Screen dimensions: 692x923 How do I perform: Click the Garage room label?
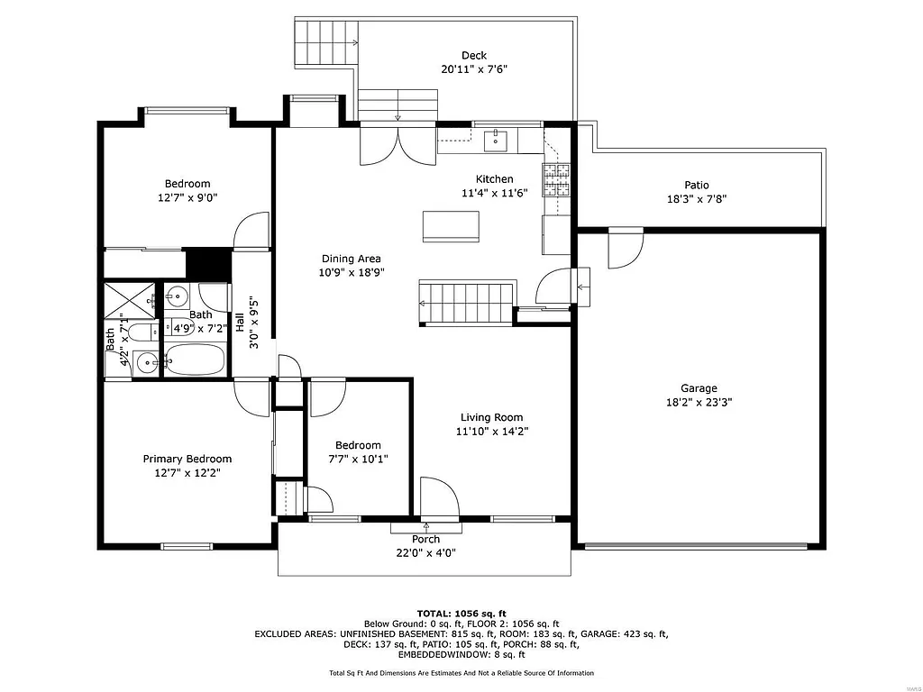click(x=699, y=388)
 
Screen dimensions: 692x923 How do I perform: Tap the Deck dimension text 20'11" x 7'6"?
click(x=474, y=69)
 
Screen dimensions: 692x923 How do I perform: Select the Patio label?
click(x=696, y=185)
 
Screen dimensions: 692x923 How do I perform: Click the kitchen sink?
click(x=495, y=141)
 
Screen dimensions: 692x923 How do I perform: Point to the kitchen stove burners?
click(x=556, y=179)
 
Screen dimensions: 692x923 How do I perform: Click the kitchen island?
click(x=451, y=226)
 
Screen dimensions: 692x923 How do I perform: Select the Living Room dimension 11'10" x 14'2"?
click(x=491, y=432)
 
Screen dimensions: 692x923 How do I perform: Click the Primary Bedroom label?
click(x=187, y=459)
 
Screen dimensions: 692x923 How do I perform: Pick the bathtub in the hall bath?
click(x=195, y=360)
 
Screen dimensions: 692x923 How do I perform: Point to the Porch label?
click(x=425, y=540)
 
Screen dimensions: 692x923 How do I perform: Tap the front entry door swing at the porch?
click(x=439, y=498)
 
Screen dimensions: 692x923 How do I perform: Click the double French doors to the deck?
click(x=398, y=146)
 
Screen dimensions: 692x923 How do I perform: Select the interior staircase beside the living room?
click(x=465, y=301)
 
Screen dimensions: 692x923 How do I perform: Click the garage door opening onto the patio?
click(x=624, y=248)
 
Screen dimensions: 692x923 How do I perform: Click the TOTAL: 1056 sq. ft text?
click(x=461, y=612)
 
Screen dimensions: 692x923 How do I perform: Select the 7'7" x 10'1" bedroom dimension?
click(x=358, y=459)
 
